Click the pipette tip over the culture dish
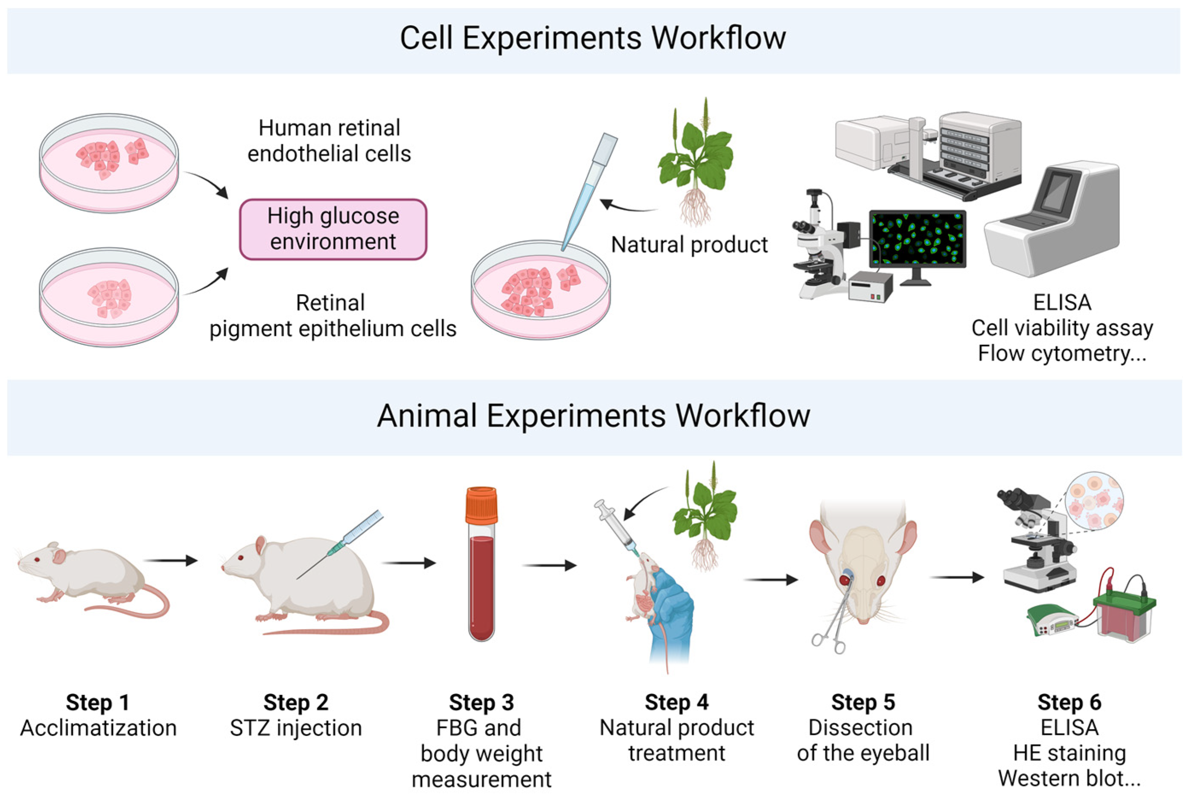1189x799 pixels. tap(586, 199)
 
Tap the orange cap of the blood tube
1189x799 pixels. tap(481, 505)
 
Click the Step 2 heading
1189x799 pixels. tap(296, 703)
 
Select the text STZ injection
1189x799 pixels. tap(296, 728)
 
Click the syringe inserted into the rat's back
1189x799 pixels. tap(352, 540)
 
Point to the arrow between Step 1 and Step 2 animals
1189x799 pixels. tap(170, 561)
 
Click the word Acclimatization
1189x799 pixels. tap(98, 728)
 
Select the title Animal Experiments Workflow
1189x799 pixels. tap(593, 416)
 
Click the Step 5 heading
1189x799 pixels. tap(863, 703)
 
